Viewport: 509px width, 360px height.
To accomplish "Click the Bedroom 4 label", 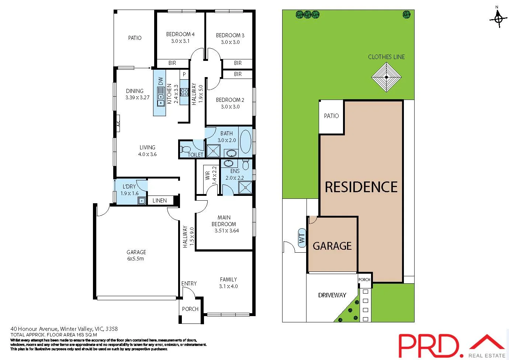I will coord(180,34).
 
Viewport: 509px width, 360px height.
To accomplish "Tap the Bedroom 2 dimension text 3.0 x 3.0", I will coord(230,107).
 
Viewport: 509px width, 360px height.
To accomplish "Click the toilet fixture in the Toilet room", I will coord(185,149).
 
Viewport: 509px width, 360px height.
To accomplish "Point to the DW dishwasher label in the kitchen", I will coord(160,81).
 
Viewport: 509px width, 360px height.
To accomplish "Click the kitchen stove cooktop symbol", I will coord(184,92).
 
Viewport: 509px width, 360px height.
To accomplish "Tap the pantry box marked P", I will coord(184,74).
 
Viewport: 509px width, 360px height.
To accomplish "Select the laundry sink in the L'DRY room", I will coord(142,201).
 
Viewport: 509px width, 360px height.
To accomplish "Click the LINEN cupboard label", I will coord(159,201).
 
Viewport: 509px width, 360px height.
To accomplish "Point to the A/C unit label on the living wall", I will coord(118,124).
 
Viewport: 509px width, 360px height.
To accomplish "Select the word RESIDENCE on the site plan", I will coord(361,187).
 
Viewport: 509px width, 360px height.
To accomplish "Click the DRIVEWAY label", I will coord(332,295).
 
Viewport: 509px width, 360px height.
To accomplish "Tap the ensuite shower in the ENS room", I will coord(246,187).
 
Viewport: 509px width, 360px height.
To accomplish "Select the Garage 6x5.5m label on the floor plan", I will coord(136,255).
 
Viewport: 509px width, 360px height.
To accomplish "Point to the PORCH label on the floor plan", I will coord(190,309).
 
